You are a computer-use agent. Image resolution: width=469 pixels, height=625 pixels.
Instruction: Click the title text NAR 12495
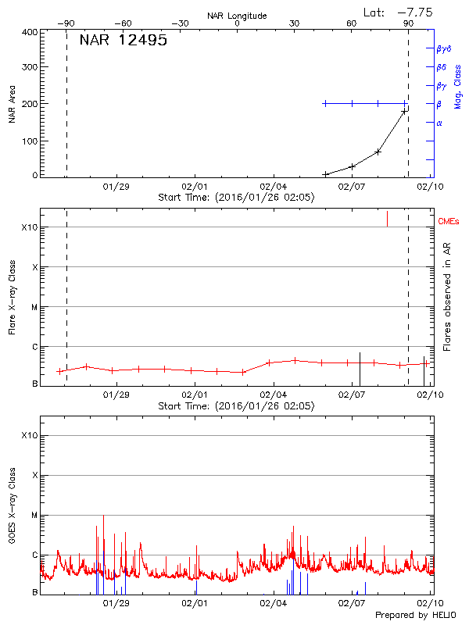pos(123,41)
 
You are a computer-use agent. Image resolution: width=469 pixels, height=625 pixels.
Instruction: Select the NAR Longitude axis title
pos(237,16)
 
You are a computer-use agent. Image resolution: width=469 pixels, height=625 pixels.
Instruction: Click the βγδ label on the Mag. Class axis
pos(443,48)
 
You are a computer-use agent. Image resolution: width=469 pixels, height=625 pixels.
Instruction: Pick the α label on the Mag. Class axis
pos(439,123)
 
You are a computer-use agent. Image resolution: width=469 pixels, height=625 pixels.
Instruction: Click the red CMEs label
pos(449,223)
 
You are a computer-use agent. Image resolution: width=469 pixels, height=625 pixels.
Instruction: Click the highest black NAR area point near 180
pos(404,112)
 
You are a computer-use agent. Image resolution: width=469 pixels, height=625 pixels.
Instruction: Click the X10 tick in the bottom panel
pos(29,434)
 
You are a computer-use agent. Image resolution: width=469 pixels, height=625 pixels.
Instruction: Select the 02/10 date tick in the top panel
pos(426,187)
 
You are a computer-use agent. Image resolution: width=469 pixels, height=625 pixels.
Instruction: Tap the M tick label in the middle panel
pos(33,307)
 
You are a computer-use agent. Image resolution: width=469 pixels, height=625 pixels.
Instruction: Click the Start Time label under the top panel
pos(236,198)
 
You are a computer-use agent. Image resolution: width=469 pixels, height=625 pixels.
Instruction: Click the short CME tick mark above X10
pos(387,219)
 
